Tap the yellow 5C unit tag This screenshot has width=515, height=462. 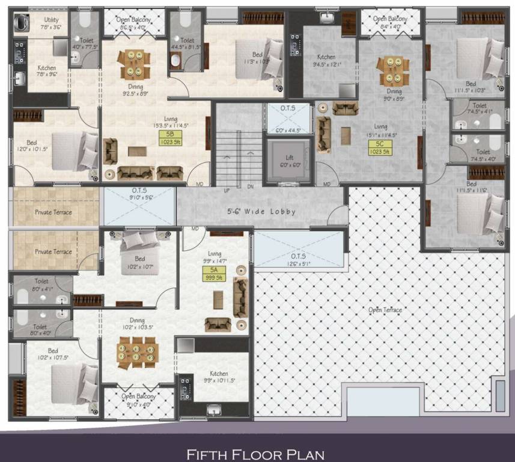pos(380,148)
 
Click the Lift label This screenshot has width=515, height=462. pos(290,158)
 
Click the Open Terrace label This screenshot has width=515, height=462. pos(386,310)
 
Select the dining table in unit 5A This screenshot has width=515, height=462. pos(137,351)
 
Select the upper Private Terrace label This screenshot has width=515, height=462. pos(53,212)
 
